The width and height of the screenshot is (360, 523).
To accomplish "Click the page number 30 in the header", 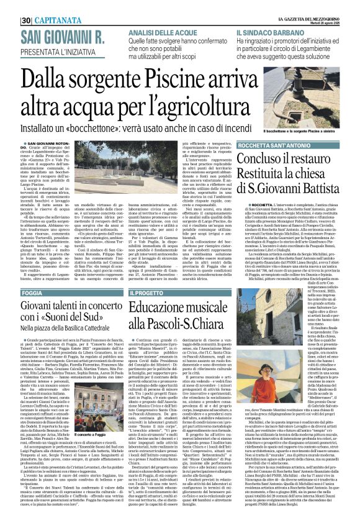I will pyautogui.click(x=9, y=6).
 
